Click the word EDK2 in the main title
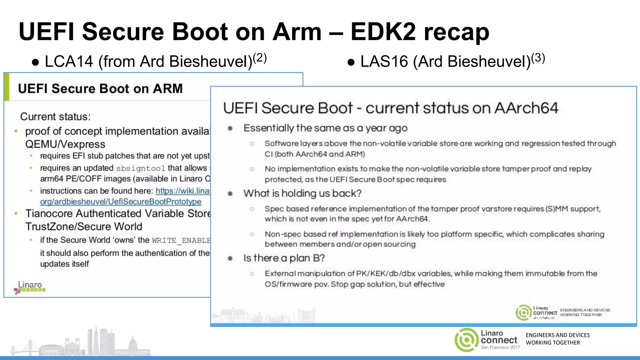(x=383, y=32)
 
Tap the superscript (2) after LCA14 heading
(x=260, y=58)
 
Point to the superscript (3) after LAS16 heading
(x=538, y=58)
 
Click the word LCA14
(x=69, y=62)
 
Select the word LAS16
(x=384, y=62)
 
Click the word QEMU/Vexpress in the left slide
(x=65, y=144)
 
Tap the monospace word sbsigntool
(x=140, y=168)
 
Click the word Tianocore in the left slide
(x=49, y=213)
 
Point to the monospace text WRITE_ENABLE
(x=181, y=240)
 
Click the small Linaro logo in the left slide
(x=30, y=287)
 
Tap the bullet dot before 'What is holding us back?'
(x=230, y=194)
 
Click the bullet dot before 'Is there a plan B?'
(x=230, y=258)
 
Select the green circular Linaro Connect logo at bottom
(x=466, y=340)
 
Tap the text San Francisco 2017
(x=500, y=347)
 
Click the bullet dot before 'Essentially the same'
(x=230, y=128)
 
